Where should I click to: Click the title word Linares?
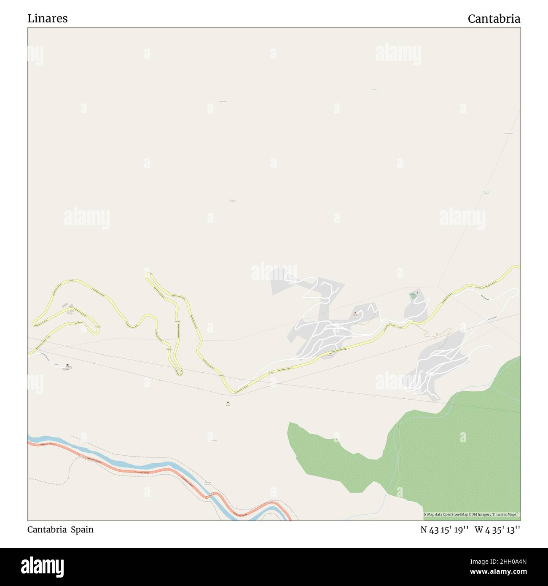[x=47, y=19]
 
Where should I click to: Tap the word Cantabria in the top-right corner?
[x=494, y=19]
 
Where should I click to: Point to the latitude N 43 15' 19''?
[x=444, y=530]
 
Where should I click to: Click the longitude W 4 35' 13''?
[x=497, y=530]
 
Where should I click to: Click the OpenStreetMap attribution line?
[x=471, y=514]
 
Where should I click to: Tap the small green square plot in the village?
[x=414, y=296]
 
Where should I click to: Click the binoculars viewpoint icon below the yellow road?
[x=228, y=403]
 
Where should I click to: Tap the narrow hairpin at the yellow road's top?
[x=149, y=274]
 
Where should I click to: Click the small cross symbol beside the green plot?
[x=418, y=292]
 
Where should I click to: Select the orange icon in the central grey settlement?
[x=355, y=313]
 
